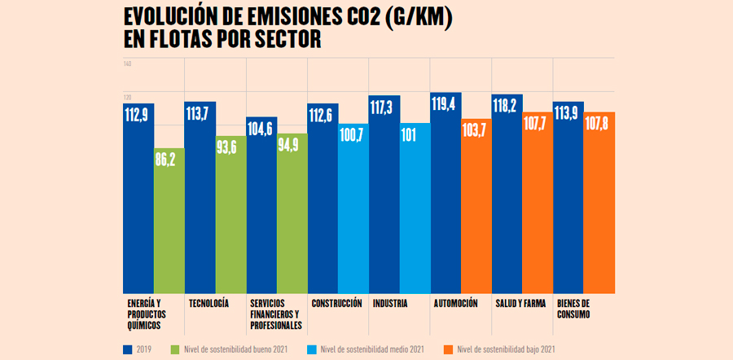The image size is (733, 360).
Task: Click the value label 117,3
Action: [x=384, y=108]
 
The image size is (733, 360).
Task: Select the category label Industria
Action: [x=390, y=304]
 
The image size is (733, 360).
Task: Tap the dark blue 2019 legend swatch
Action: [x=128, y=349]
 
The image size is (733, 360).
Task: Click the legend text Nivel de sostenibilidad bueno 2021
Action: [x=235, y=349]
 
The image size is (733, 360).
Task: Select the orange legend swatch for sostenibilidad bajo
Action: [x=447, y=349]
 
